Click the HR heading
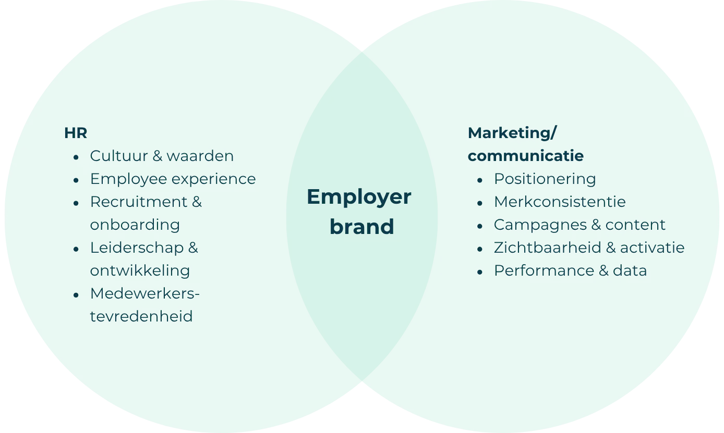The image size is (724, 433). [x=76, y=133]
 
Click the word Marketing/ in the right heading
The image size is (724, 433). [x=512, y=133]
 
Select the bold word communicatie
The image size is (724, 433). [x=526, y=156]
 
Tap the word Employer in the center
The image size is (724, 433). [x=359, y=197]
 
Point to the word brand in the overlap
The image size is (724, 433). [x=361, y=226]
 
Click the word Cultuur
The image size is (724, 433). [x=119, y=156]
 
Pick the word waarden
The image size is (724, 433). [x=200, y=156]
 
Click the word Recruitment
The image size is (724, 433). [x=139, y=202]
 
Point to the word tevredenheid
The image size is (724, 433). [x=141, y=316]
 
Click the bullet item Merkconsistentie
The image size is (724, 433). [x=560, y=202]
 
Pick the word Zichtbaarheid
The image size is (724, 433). [x=548, y=248]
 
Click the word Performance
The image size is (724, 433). [x=544, y=270]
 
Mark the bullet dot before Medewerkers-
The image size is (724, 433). [x=76, y=295]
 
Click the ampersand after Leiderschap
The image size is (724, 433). [x=193, y=248]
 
